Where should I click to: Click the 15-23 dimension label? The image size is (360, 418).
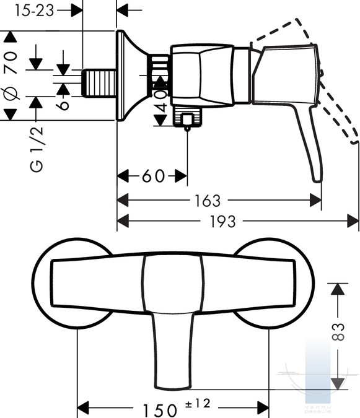click(x=34, y=11)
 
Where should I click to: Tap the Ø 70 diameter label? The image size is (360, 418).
click(x=11, y=76)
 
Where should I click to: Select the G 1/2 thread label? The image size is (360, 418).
click(x=37, y=149)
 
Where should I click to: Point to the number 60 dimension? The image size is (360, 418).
click(x=153, y=176)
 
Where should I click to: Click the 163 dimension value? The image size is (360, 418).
click(x=208, y=201)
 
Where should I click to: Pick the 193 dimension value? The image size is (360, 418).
click(x=222, y=221)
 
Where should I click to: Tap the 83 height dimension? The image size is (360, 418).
click(x=338, y=332)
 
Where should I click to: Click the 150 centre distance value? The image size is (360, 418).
click(x=159, y=410)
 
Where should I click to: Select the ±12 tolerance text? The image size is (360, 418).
click(x=198, y=403)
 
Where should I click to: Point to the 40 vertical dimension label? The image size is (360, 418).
click(x=161, y=101)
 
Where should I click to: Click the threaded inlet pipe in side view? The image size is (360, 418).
click(x=99, y=83)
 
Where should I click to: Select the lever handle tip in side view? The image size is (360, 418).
click(x=317, y=178)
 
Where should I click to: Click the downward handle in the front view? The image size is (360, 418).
click(x=173, y=351)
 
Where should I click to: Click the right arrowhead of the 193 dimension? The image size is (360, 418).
click(x=353, y=221)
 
